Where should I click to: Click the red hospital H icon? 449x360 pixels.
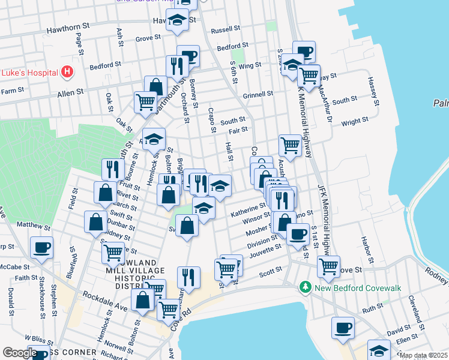click(x=67, y=73)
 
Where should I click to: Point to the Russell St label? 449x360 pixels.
click(x=226, y=29)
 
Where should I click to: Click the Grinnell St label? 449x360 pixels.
click(x=258, y=94)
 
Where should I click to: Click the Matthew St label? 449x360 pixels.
click(x=33, y=226)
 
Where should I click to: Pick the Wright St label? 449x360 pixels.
click(x=354, y=121)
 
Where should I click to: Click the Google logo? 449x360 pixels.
click(x=20, y=352)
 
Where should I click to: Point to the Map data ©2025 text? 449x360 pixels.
click(x=423, y=355)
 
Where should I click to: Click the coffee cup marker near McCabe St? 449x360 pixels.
click(x=41, y=247)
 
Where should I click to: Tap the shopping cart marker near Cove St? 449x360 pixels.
click(x=328, y=266)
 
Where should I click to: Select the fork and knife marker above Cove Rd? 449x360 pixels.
click(x=188, y=278)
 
